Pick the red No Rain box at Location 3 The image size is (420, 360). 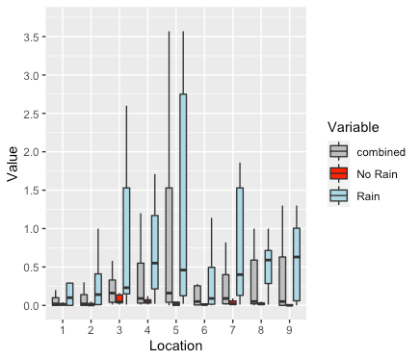click(x=118, y=298)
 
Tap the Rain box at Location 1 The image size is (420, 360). click(x=69, y=294)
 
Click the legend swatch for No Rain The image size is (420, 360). click(x=338, y=173)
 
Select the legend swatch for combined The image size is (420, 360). click(x=338, y=151)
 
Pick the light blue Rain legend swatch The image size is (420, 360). click(x=338, y=195)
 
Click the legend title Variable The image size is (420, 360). click(x=357, y=127)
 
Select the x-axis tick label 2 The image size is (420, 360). click(x=91, y=328)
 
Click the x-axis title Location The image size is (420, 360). click(x=175, y=346)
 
